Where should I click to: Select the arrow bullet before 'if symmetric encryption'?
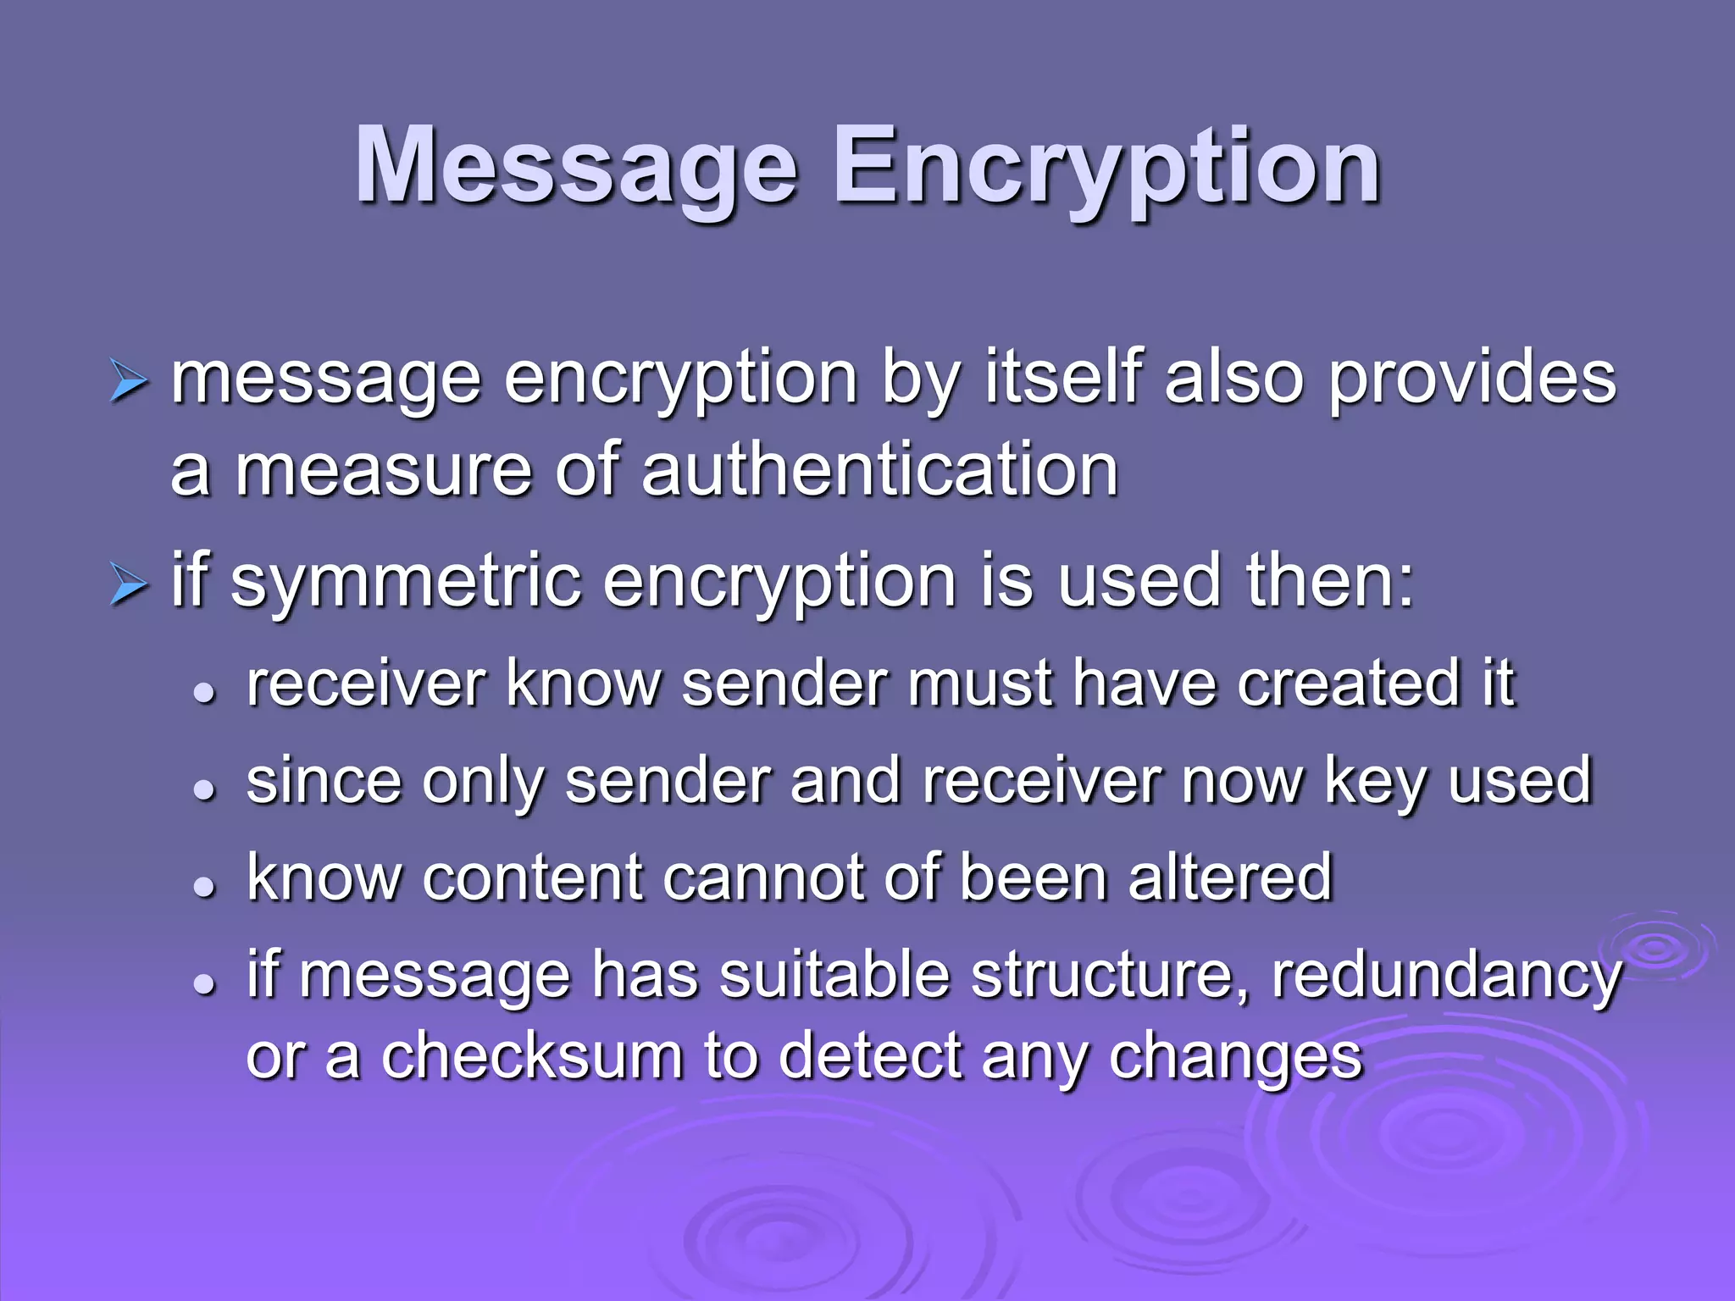tap(129, 585)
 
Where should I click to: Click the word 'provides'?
tap(1472, 379)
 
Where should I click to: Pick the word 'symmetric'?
tap(406, 582)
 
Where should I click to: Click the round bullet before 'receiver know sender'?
tap(203, 693)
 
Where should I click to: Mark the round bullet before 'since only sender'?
tap(203, 790)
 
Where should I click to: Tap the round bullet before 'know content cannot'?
tap(203, 887)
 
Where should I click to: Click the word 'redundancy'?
tap(1446, 976)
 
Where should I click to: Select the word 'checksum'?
tap(532, 1056)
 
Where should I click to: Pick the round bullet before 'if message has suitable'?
tap(203, 984)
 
